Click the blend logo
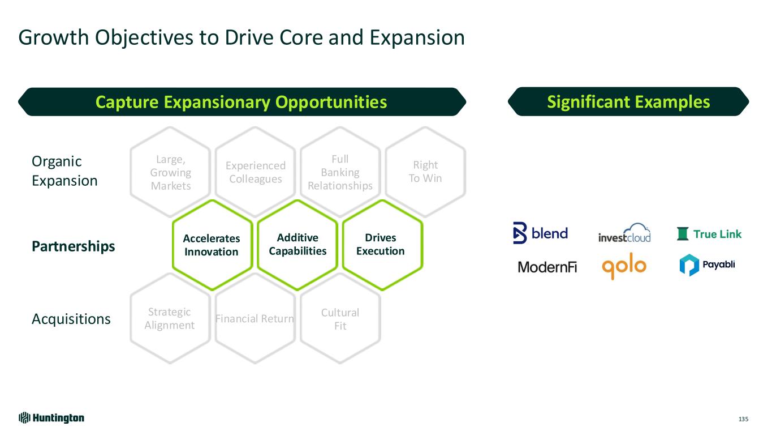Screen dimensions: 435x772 540,233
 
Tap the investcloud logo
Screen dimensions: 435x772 624,233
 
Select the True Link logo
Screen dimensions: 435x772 709,234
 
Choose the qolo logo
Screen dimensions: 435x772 624,266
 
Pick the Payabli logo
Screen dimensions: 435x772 707,265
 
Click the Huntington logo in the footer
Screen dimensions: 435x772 51,418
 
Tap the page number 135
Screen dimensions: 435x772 743,419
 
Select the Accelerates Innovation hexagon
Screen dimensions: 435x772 212,245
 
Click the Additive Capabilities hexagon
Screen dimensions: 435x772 297,245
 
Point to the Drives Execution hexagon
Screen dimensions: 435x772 381,245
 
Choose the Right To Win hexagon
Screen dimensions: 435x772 425,172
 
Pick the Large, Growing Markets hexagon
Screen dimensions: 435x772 171,172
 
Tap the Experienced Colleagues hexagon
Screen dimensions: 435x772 256,172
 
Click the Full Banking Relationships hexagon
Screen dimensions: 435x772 340,172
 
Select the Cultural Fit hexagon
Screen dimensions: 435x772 340,319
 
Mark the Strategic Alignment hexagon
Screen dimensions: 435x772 170,319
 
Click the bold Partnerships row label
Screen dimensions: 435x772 73,247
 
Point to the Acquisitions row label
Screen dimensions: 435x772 71,319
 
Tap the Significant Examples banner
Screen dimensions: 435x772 628,102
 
